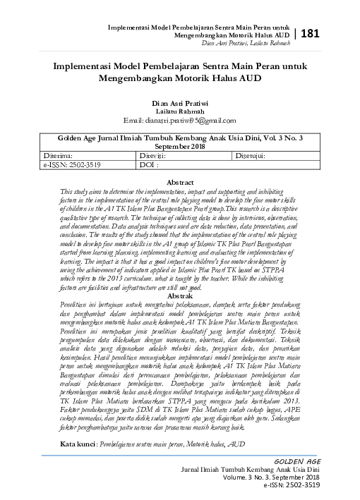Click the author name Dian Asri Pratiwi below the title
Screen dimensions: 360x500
click(180, 103)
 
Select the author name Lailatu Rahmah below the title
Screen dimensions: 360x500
click(180, 111)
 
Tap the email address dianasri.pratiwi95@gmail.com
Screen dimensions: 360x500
click(180, 120)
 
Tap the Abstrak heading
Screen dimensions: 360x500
click(181, 297)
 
